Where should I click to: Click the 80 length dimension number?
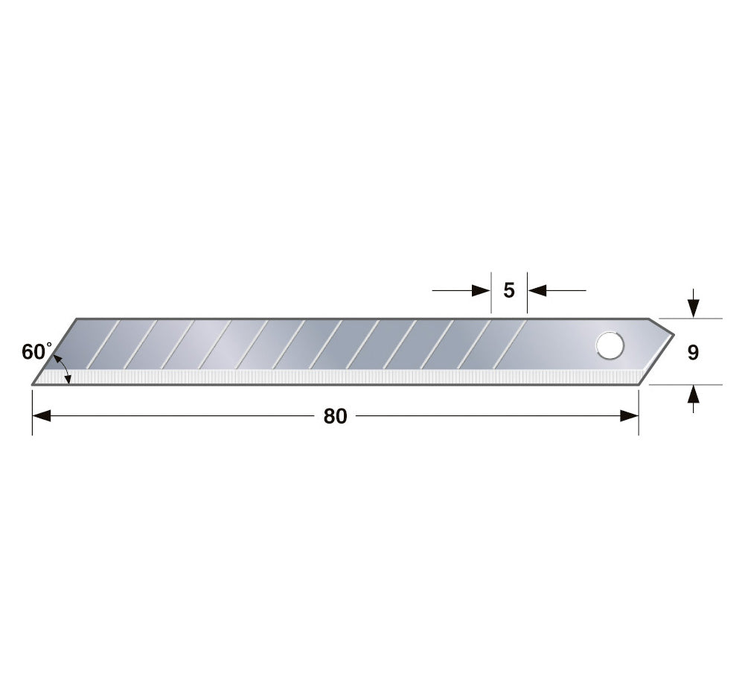335,416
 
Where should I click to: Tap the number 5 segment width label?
509,290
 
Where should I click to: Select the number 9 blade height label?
693,353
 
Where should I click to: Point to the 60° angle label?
36,351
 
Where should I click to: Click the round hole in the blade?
610,345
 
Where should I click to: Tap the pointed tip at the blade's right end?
674,335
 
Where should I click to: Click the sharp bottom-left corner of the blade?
32,384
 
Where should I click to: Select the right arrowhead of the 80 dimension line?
630,416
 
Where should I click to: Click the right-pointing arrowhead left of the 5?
481,290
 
